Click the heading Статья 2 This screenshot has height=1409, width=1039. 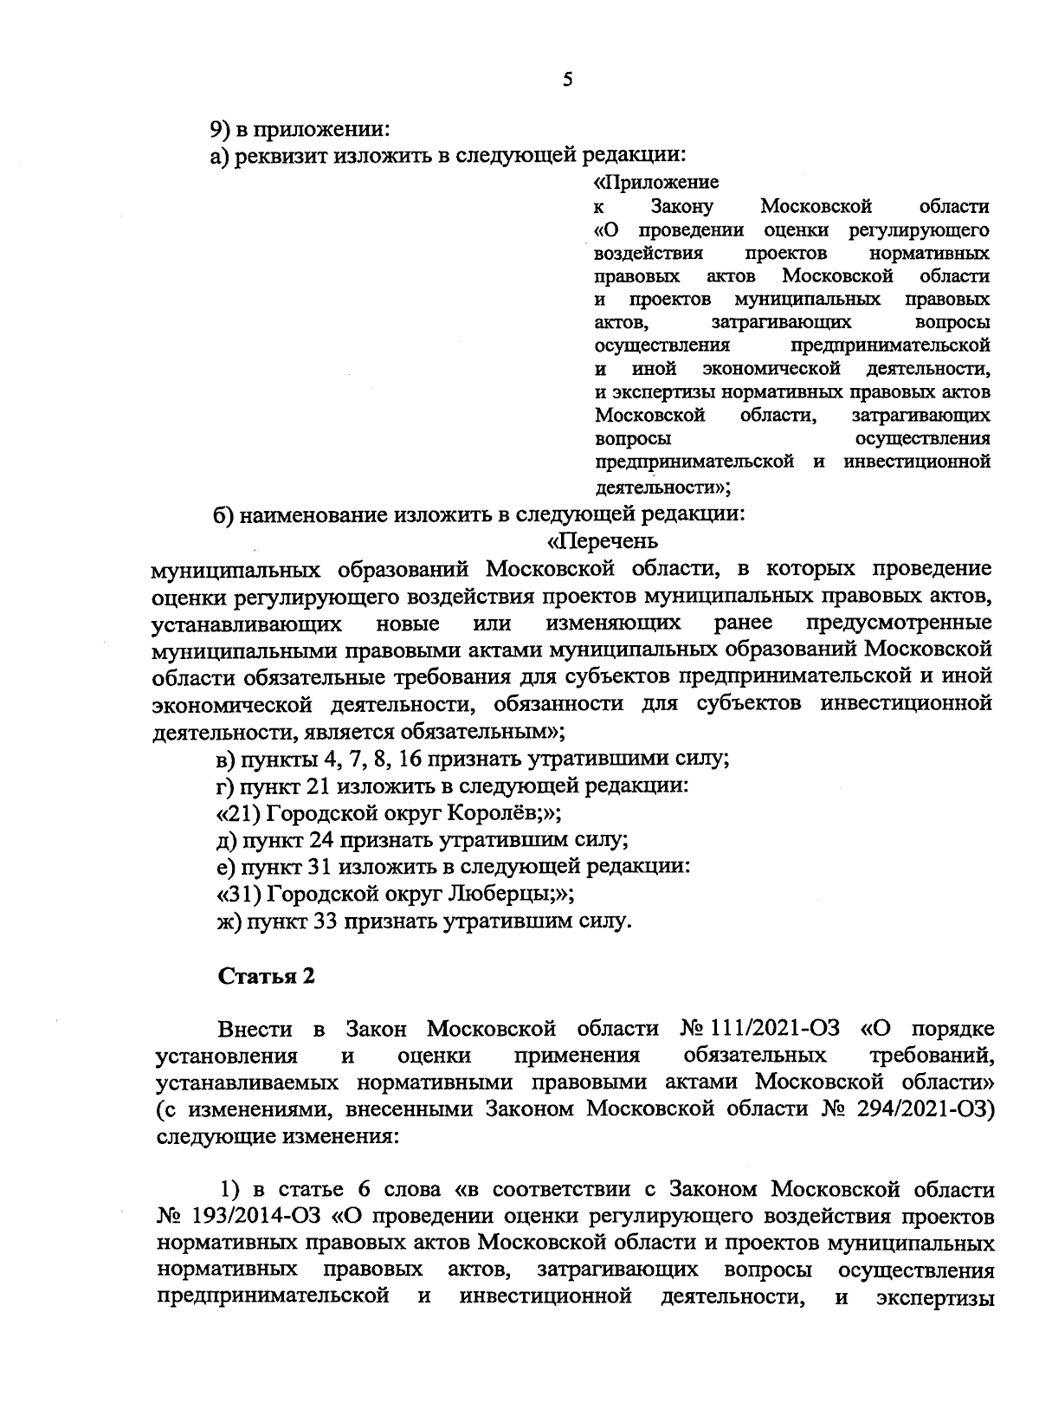point(266,976)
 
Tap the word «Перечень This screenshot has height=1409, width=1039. point(603,541)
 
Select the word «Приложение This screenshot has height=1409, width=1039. point(656,184)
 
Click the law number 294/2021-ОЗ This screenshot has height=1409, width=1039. point(927,1109)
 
